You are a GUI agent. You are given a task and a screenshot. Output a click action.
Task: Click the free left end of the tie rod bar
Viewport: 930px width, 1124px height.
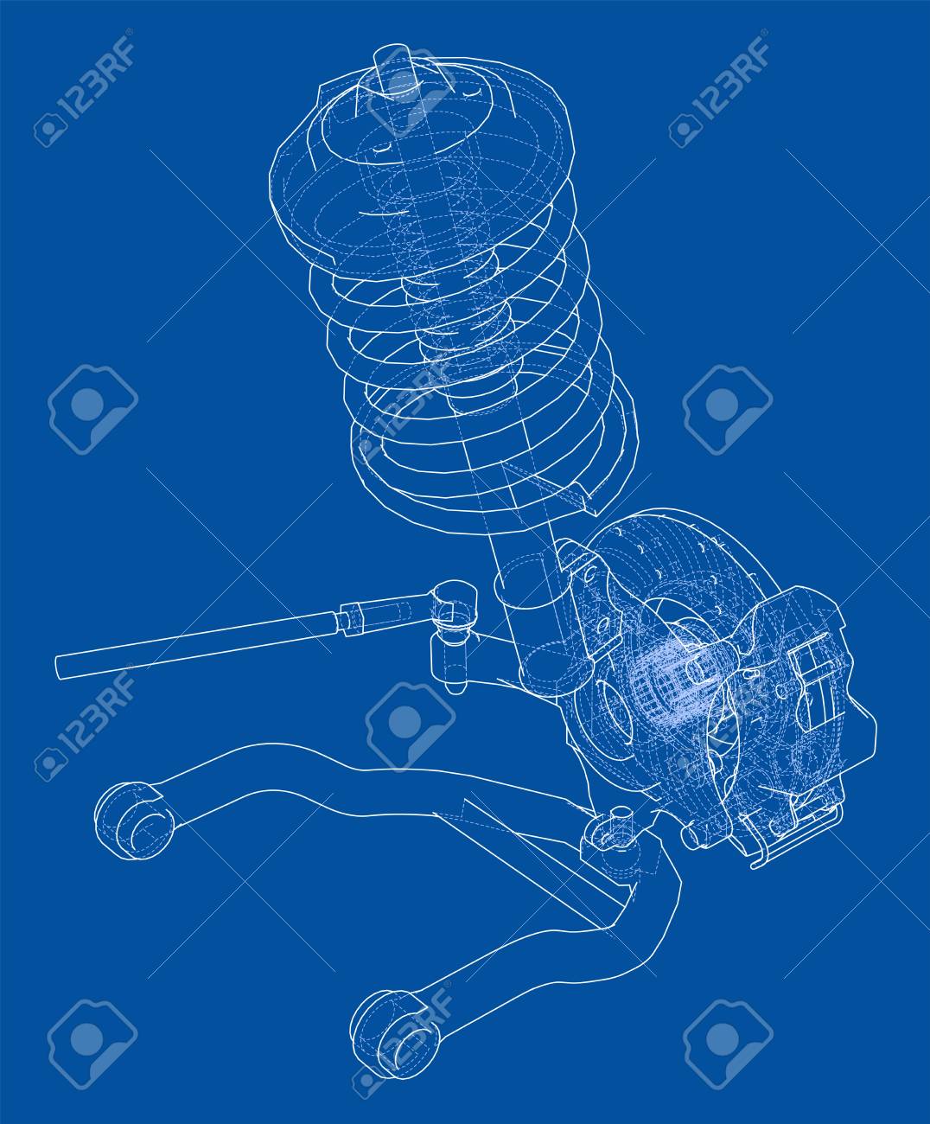pos(59,668)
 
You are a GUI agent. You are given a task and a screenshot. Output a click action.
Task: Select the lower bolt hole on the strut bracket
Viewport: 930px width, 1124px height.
pos(602,624)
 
